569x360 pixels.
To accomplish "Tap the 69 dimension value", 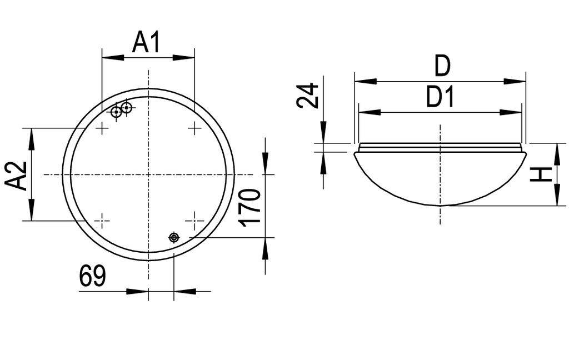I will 92,276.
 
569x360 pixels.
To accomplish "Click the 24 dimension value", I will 307,96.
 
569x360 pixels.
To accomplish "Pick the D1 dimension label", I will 440,98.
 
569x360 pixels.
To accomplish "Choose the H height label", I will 540,174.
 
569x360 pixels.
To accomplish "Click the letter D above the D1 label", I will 442,67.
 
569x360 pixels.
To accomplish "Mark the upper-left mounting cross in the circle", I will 102,129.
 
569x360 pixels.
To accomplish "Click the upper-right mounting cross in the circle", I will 194,129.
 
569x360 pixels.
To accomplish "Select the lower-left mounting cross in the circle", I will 102,221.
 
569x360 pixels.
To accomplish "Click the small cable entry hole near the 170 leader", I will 174,238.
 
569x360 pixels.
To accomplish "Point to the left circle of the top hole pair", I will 116,112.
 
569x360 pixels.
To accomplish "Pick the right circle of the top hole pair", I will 126,107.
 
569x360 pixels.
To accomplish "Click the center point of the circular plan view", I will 148,174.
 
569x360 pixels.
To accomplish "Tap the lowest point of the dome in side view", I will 440,206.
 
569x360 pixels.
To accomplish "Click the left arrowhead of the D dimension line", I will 362,81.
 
